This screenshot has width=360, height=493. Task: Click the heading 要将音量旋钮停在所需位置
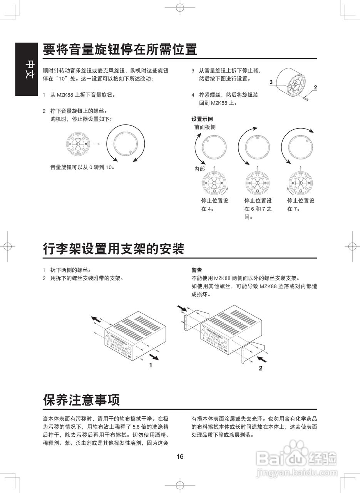120,49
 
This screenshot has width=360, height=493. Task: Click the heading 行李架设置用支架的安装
114,249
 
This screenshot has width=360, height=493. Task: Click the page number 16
180,457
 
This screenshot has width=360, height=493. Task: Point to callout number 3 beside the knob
271,82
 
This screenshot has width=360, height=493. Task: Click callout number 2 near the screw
315,87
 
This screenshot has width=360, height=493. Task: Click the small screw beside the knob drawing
306,98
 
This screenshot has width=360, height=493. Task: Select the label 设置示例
202,119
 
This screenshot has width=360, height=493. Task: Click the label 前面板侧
205,127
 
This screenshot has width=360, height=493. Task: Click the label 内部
199,169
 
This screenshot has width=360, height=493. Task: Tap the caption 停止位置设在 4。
214,205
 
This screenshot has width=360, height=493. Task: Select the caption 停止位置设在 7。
301,205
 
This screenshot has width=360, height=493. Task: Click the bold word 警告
197,270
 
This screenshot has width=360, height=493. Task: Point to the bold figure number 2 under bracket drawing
261,368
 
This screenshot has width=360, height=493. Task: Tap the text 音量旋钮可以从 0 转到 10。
83,167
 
